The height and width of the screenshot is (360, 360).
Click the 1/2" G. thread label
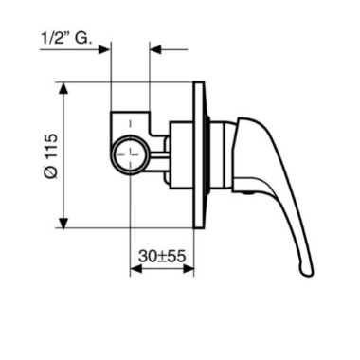click(67, 39)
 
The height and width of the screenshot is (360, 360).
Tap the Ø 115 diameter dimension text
click(51, 156)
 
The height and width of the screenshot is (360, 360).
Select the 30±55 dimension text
click(162, 257)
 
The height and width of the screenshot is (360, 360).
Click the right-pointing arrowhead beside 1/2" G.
click(104, 49)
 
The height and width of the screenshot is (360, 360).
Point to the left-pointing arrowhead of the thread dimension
click(155, 49)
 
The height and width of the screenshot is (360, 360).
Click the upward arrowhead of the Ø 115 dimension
click(64, 88)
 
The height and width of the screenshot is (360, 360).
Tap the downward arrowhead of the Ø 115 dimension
click(64, 222)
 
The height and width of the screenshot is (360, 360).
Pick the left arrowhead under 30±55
click(136, 269)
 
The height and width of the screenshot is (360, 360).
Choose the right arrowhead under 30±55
click(188, 269)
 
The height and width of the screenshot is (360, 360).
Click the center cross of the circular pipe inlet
click(130, 154)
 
